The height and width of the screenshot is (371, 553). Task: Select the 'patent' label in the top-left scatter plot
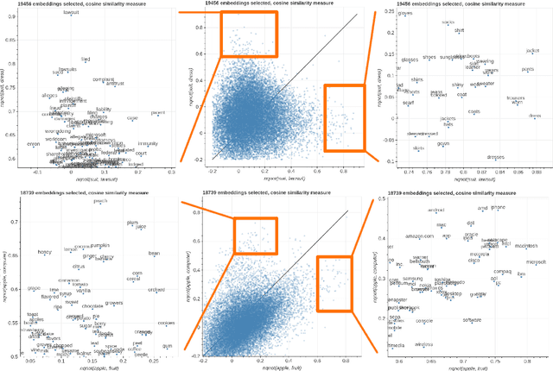[159, 112]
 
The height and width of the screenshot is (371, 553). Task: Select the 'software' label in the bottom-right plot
[472, 320]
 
